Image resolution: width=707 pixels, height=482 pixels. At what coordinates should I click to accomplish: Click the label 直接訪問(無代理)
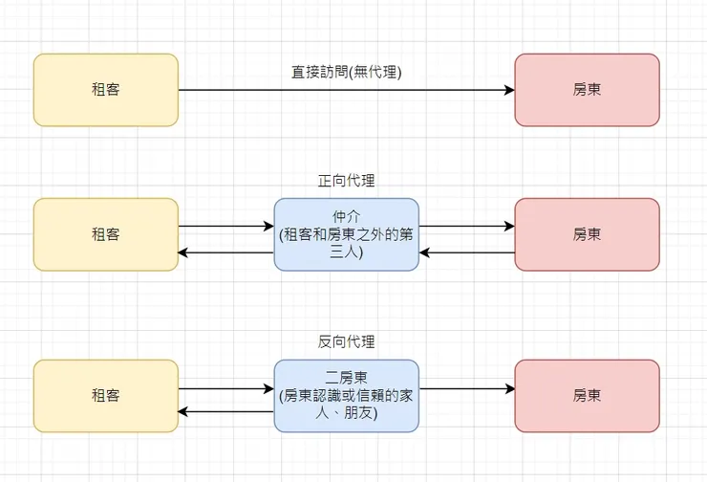coord(346,72)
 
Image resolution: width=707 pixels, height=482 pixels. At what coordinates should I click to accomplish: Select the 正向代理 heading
coord(346,180)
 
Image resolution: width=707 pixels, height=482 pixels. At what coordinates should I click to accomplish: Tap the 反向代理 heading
coord(346,341)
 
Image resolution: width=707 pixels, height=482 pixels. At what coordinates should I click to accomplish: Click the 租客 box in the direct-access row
coord(106,90)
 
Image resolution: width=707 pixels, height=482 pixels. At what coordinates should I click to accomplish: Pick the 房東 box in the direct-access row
coord(587,90)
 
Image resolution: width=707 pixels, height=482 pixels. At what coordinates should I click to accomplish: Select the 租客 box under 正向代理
coord(106,234)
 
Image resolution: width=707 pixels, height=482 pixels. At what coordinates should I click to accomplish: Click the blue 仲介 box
coord(346,234)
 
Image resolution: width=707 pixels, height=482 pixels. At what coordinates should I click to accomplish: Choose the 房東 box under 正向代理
coord(587,234)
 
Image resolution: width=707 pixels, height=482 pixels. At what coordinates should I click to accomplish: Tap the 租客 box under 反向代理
coord(106,396)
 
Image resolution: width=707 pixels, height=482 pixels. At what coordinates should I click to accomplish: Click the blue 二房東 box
coord(346,396)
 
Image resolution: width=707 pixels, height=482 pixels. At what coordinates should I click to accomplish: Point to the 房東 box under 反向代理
coord(587,396)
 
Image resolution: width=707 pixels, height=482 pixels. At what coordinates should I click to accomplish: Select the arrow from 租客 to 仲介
coord(225,227)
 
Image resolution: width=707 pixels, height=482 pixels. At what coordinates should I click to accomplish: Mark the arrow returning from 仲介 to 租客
coord(225,253)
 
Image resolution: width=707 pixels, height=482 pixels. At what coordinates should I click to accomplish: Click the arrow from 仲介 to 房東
coord(466,227)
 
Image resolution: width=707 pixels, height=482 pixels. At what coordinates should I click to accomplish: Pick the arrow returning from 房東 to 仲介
coord(466,253)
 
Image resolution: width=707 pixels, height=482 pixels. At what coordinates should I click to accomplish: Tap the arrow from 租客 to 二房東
coord(225,389)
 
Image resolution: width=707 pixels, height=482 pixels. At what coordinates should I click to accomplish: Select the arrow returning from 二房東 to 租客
coord(225,412)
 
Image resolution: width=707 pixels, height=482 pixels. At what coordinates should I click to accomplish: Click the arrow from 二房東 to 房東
coord(466,389)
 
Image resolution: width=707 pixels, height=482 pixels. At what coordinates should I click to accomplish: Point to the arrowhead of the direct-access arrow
coord(509,91)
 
